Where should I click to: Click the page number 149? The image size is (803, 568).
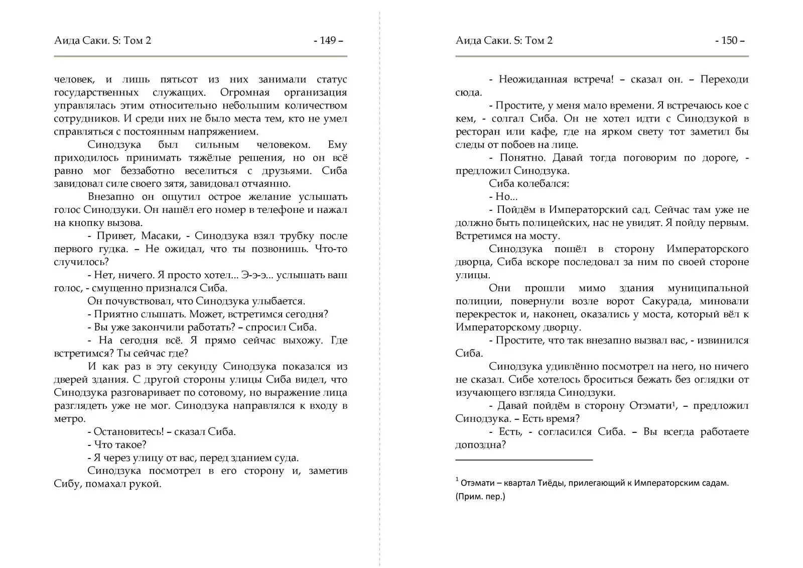pos(328,41)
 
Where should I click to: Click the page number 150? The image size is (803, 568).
pos(729,41)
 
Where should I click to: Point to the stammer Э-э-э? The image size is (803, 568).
pos(256,275)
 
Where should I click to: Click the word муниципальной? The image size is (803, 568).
pos(708,288)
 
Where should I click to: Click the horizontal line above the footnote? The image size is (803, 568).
pos(523,459)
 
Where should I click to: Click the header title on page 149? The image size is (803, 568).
pos(102,41)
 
